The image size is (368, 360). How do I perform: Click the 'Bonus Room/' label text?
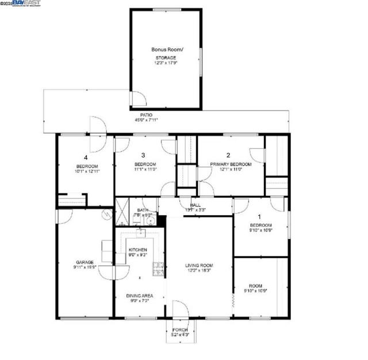pyautogui.click(x=167, y=50)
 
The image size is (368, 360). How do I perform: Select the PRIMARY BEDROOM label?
pyautogui.click(x=230, y=164)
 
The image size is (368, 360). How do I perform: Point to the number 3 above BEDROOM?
pyautogui.click(x=143, y=155)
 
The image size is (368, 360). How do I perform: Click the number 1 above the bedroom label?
pyautogui.click(x=259, y=216)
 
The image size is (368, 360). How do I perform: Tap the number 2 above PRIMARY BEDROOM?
pyautogui.click(x=228, y=155)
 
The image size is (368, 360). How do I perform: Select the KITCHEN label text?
pyautogui.click(x=137, y=250)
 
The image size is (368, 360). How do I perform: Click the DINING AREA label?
pyautogui.click(x=139, y=296)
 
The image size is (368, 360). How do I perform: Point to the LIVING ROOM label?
pyautogui.click(x=199, y=265)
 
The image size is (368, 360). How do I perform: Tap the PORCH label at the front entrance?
pyautogui.click(x=180, y=330)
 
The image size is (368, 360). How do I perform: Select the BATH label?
pyautogui.click(x=141, y=210)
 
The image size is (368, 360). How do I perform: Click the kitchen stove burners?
pyautogui.click(x=158, y=267)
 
